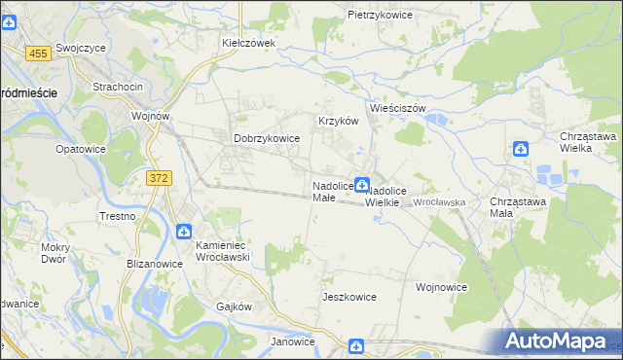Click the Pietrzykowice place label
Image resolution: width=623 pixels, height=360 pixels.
click(381, 16)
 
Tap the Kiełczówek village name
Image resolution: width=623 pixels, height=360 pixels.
click(249, 43)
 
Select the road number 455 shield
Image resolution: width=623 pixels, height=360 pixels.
click(39, 54)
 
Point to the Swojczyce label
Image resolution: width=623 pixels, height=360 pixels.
click(81, 47)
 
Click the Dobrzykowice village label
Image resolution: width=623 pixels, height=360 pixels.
click(267, 138)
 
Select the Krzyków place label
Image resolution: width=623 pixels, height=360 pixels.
click(339, 121)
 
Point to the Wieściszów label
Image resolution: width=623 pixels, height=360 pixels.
click(398, 108)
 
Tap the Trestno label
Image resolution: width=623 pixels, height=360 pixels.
click(117, 216)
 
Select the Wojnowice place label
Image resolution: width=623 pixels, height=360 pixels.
click(442, 287)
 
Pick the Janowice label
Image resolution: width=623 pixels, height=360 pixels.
click(293, 342)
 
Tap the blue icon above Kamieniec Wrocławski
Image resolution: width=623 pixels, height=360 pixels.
click(184, 231)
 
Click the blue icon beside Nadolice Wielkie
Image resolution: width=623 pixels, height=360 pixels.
click(361, 184)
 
